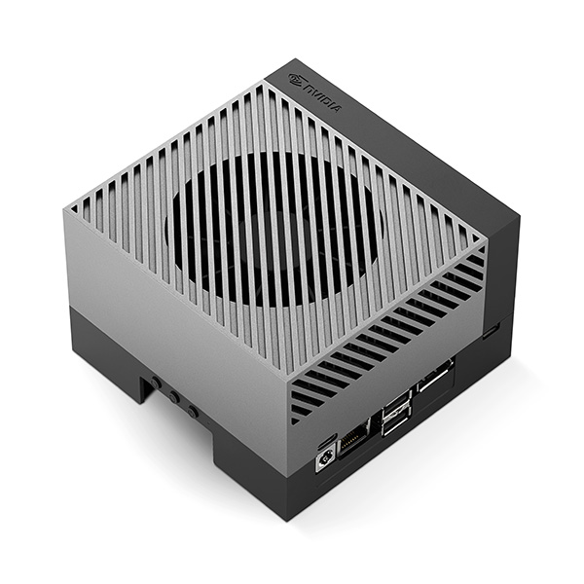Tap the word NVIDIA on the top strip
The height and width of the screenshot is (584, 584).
pos(322,97)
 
